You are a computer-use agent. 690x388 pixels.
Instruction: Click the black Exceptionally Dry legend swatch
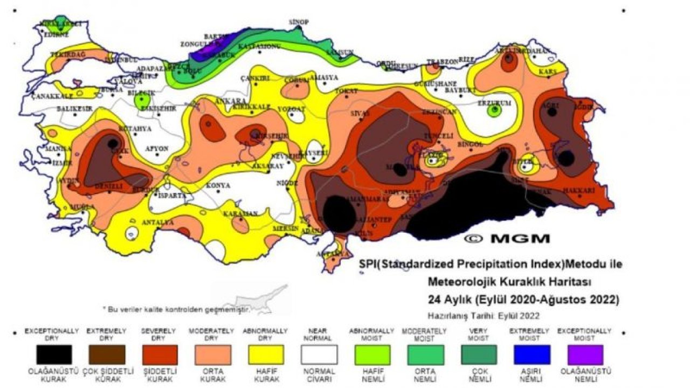click(x=54, y=355)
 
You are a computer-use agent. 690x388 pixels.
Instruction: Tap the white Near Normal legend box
click(x=319, y=355)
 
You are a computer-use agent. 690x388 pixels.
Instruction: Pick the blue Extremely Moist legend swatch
click(x=532, y=355)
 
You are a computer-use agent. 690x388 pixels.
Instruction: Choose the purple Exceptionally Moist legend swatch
click(x=585, y=355)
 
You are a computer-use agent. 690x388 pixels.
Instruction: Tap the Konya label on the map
click(x=218, y=186)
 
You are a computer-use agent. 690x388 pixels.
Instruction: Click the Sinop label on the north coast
click(x=299, y=22)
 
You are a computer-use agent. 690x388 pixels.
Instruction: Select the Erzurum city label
click(x=494, y=102)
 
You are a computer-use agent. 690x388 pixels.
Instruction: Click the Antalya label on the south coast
click(x=157, y=222)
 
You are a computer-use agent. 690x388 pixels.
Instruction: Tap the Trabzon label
click(x=441, y=61)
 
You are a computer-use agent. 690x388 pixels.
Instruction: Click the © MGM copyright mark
click(x=507, y=238)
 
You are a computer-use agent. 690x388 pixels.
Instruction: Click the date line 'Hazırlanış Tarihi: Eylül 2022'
click(x=484, y=316)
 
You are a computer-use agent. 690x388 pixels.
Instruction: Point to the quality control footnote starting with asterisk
click(x=176, y=309)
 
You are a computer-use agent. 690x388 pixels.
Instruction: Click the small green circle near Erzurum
click(x=494, y=111)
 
